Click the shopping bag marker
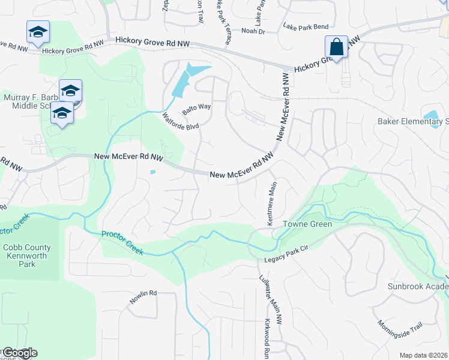point(336,47)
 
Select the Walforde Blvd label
point(180,122)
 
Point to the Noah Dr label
point(253,30)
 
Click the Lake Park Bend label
point(306,27)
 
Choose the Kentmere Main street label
point(268,202)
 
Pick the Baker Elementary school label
point(413,122)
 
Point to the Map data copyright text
point(423,356)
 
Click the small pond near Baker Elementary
point(430,115)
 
